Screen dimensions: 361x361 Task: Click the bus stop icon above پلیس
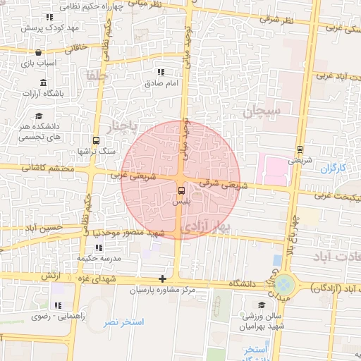click(x=183, y=190)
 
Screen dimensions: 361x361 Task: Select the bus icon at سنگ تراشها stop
click(x=96, y=140)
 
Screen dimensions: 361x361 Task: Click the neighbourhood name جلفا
click(x=96, y=75)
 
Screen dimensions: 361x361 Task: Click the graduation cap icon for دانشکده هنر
click(x=40, y=116)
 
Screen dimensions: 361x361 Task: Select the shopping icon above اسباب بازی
click(x=37, y=52)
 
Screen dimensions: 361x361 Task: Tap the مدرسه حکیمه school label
click(x=97, y=258)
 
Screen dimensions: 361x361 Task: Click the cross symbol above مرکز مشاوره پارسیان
click(x=163, y=279)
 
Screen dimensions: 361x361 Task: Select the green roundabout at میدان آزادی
click(x=285, y=286)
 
